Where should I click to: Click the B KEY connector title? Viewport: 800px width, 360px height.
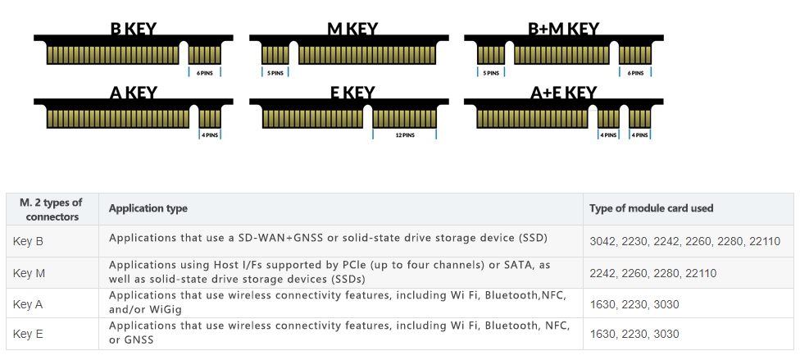[x=133, y=30]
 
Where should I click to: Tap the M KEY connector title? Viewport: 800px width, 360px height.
[x=352, y=30]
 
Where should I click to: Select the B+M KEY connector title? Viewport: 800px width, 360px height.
[x=563, y=30]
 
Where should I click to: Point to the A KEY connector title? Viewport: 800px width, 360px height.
[x=133, y=93]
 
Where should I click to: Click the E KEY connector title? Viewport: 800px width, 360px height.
[x=352, y=93]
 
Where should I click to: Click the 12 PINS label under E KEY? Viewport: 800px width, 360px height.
[x=404, y=135]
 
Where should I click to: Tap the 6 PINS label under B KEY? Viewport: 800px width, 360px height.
[x=204, y=73]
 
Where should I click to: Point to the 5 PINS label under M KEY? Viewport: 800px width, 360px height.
[x=275, y=73]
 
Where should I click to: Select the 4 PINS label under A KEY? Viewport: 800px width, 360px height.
[x=210, y=135]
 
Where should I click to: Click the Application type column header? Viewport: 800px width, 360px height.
[x=148, y=208]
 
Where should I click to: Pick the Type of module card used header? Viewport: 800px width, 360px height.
[x=651, y=208]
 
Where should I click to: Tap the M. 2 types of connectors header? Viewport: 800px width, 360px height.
[x=52, y=209]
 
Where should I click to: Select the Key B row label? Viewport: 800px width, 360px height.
[x=28, y=241]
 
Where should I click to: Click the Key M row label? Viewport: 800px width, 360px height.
[x=29, y=272]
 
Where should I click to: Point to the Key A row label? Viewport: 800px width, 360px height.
[x=28, y=304]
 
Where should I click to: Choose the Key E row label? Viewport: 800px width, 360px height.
[x=28, y=334]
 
